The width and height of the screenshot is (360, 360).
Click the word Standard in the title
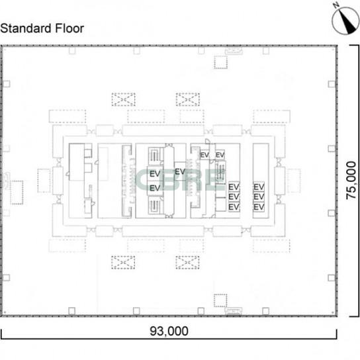click(x=26, y=28)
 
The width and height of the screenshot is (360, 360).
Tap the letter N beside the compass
click(x=337, y=5)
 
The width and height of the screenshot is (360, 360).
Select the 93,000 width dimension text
click(x=169, y=331)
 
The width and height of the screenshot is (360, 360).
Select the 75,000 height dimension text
click(x=351, y=180)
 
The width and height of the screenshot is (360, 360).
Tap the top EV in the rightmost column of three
click(x=259, y=187)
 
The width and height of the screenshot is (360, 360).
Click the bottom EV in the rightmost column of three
click(x=259, y=207)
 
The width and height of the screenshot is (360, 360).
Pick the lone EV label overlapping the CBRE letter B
click(x=180, y=171)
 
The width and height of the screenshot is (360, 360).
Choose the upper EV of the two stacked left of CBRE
click(x=155, y=174)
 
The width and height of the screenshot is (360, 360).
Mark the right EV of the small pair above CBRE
click(x=220, y=155)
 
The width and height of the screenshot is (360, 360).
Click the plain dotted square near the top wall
click(x=221, y=62)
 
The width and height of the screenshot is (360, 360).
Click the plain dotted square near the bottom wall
click(x=220, y=300)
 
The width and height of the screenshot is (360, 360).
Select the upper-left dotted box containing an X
click(x=123, y=100)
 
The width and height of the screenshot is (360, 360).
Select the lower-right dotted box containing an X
click(x=187, y=263)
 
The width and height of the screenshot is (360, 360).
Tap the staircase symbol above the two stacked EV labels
click(x=154, y=156)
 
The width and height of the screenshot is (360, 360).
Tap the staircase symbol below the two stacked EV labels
click(x=154, y=205)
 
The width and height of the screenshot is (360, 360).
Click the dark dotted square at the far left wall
click(x=17, y=193)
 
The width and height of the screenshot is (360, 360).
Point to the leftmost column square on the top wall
click(x=72, y=50)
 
